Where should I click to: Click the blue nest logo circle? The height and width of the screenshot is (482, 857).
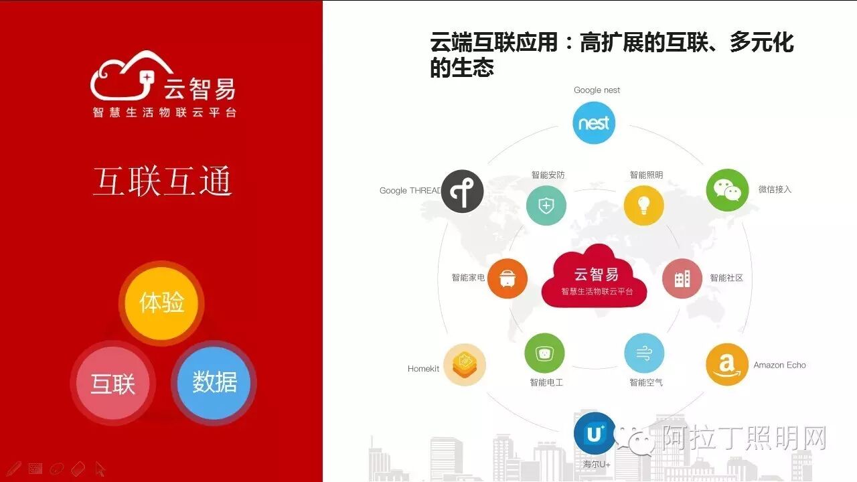[594, 123]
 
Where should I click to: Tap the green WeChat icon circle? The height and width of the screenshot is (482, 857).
[727, 190]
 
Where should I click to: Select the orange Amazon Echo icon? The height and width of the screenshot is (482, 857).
[727, 365]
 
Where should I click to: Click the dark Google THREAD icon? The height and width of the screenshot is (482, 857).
[462, 191]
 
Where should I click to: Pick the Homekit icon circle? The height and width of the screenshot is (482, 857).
[464, 365]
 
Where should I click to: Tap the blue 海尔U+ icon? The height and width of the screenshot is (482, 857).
[595, 434]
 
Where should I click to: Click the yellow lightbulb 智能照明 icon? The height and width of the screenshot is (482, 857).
[643, 206]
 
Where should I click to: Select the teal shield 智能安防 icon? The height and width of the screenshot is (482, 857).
[546, 206]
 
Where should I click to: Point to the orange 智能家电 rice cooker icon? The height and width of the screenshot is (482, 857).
[508, 278]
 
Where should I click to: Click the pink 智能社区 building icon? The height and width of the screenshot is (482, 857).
[682, 278]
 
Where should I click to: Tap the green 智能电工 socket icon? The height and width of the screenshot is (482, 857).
[545, 353]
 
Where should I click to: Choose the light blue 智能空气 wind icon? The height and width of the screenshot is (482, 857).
[644, 353]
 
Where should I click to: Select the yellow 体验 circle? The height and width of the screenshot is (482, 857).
[161, 303]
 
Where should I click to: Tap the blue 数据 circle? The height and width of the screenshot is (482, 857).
[214, 382]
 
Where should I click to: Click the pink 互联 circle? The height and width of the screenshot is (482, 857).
[113, 384]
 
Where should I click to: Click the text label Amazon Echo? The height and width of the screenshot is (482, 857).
[779, 365]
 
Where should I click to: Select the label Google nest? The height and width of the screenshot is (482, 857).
[597, 90]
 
